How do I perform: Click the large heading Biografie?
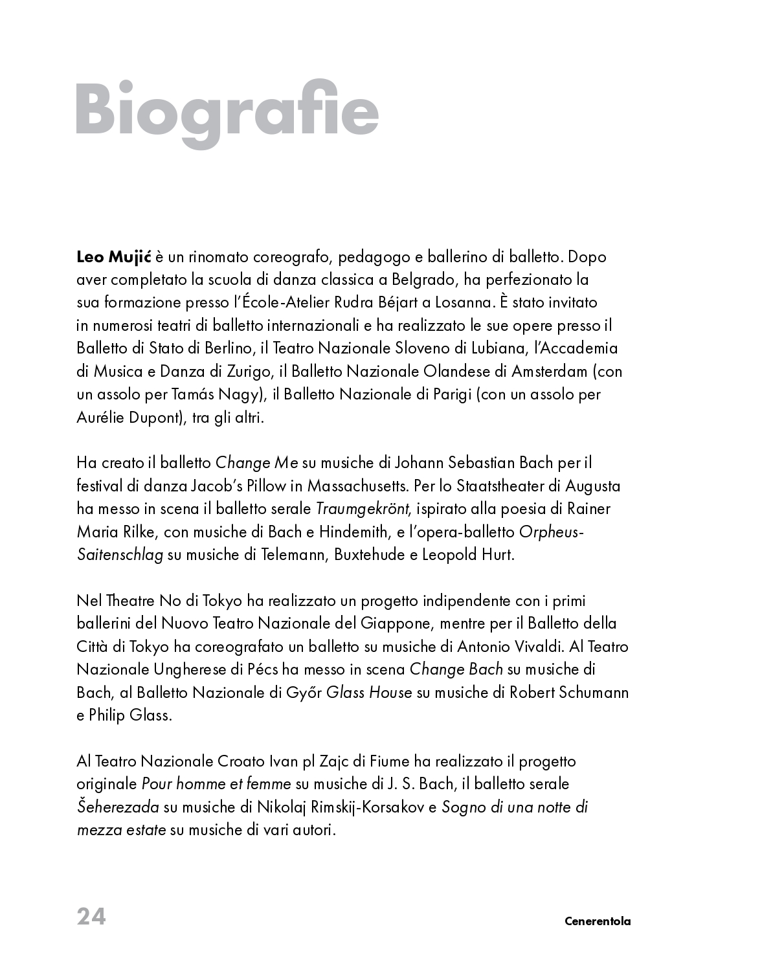tap(227, 110)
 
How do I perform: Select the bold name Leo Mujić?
tap(113, 257)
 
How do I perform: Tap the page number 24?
tap(91, 917)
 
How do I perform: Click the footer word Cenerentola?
tap(597, 921)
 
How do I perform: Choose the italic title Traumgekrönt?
tap(362, 509)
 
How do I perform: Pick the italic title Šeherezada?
tap(118, 807)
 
